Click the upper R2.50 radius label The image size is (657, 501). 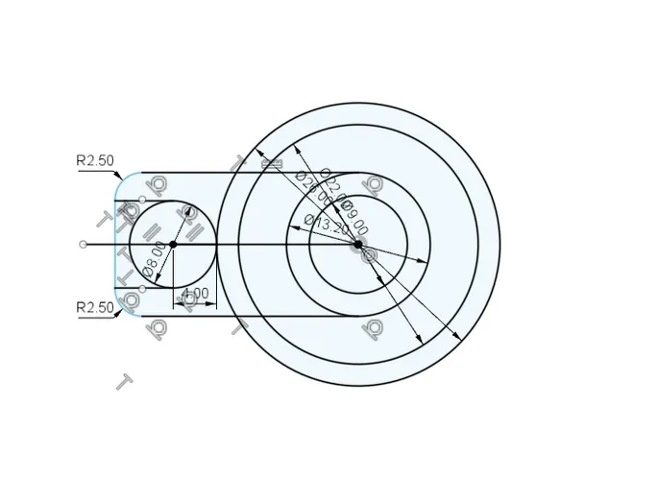click(x=95, y=160)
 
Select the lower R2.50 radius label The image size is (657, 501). click(x=95, y=307)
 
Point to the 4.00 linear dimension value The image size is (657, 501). click(x=195, y=293)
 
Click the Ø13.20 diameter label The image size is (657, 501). click(x=327, y=226)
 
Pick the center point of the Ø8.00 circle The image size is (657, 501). click(x=173, y=244)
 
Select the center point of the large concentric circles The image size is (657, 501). click(x=358, y=244)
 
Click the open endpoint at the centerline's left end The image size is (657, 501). click(x=84, y=244)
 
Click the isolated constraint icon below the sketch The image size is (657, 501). click(x=124, y=381)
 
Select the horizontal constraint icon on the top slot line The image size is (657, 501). click(x=273, y=164)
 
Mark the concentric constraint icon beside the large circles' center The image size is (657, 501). click(x=369, y=255)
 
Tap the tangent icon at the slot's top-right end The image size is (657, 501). click(x=374, y=184)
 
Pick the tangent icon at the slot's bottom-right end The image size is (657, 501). click(x=372, y=329)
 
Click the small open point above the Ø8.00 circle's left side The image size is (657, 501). click(x=142, y=200)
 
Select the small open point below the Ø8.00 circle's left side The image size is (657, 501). click(x=142, y=288)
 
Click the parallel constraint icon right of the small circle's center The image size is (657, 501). click(x=191, y=231)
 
